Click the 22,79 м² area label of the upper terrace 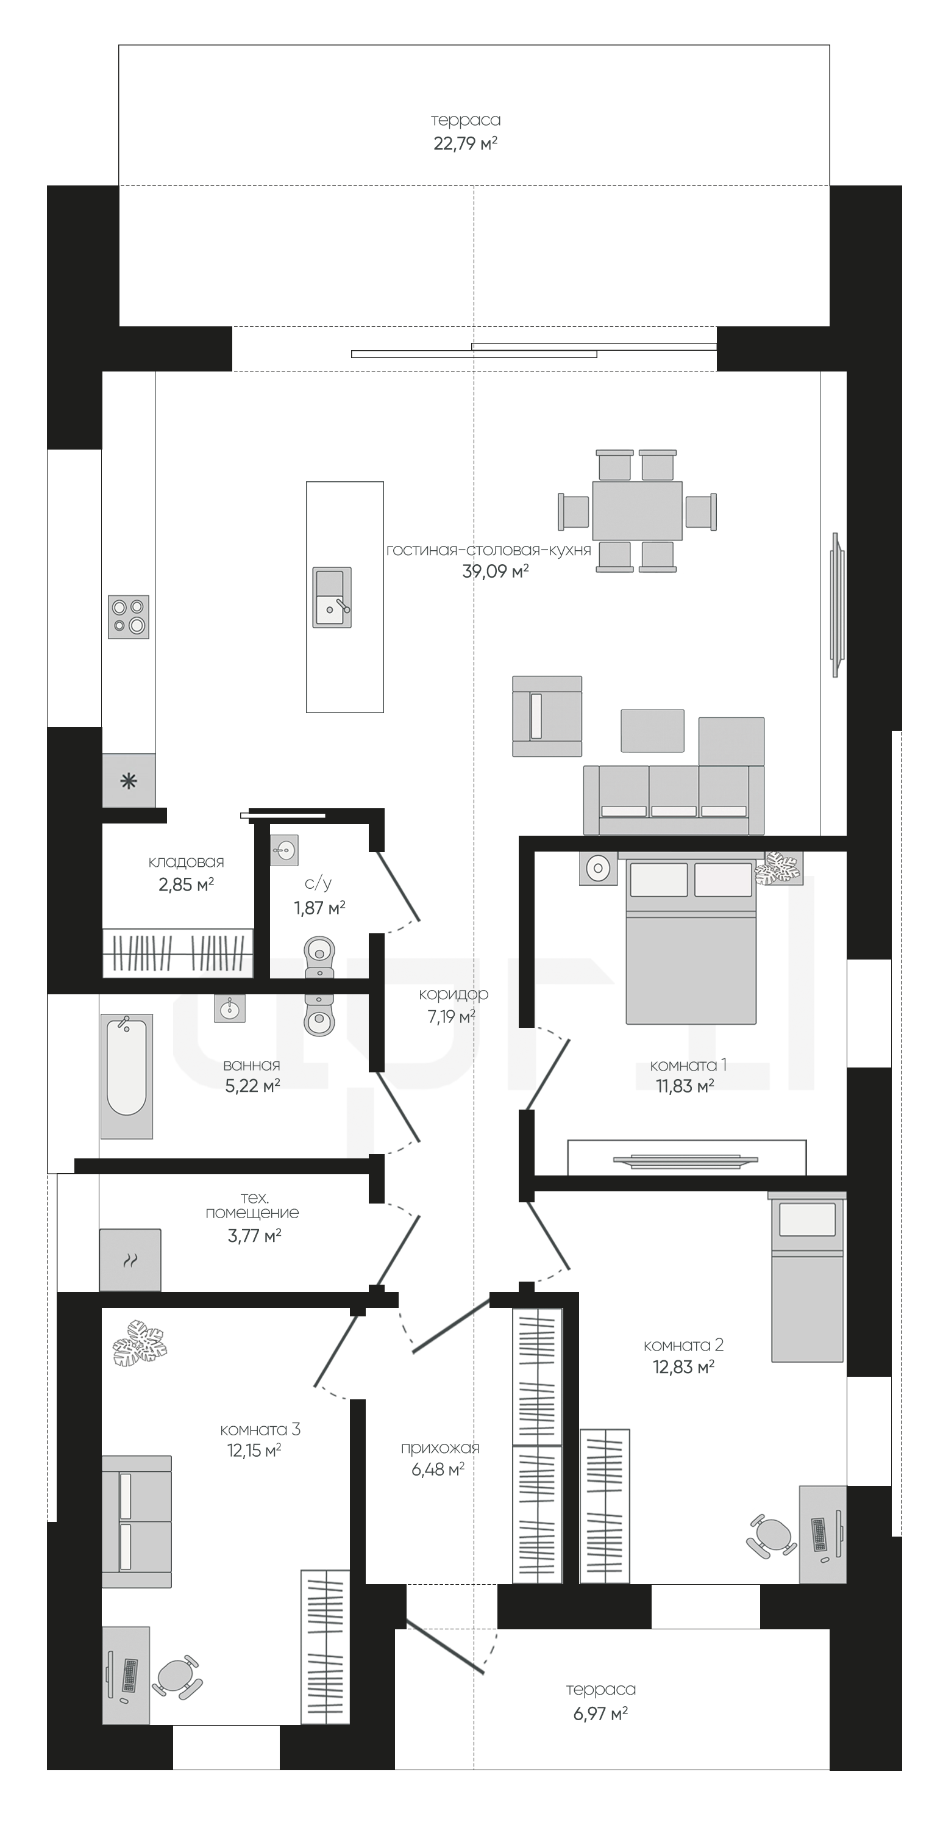pos(465,143)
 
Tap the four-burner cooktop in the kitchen pos(129,617)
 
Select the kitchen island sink pos(332,597)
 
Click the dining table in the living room pos(637,511)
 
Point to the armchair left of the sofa pos(547,716)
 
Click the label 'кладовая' pos(186,862)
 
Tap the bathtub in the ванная pos(126,1076)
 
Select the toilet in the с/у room pos(319,955)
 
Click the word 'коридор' pos(453,994)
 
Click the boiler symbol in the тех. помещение pos(130,1260)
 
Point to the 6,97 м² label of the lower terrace pos(600,1713)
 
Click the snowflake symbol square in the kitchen pos(129,781)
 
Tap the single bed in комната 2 pos(808,1279)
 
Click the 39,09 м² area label pos(495,571)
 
